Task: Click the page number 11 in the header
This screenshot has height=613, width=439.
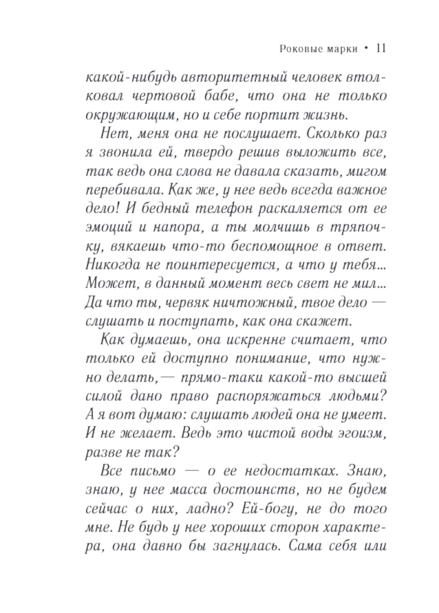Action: pyautogui.click(x=381, y=48)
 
